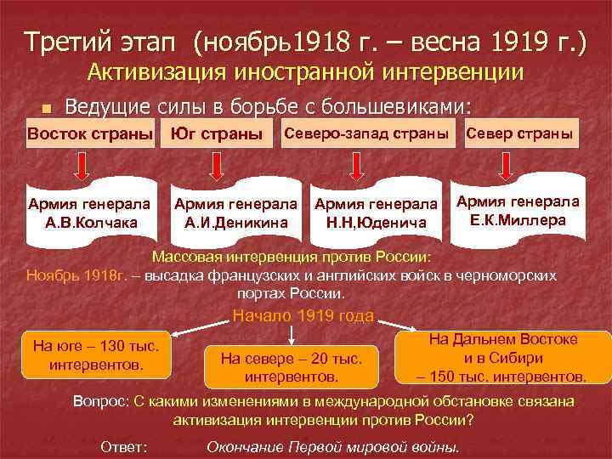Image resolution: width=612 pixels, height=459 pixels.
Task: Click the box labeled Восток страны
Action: click(90, 135)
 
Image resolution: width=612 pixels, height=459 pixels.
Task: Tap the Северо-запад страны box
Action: click(365, 135)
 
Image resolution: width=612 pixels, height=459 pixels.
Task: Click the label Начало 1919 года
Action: click(303, 316)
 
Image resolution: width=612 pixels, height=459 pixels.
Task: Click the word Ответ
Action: click(123, 446)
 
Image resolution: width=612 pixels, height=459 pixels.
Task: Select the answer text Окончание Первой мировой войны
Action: click(332, 446)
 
